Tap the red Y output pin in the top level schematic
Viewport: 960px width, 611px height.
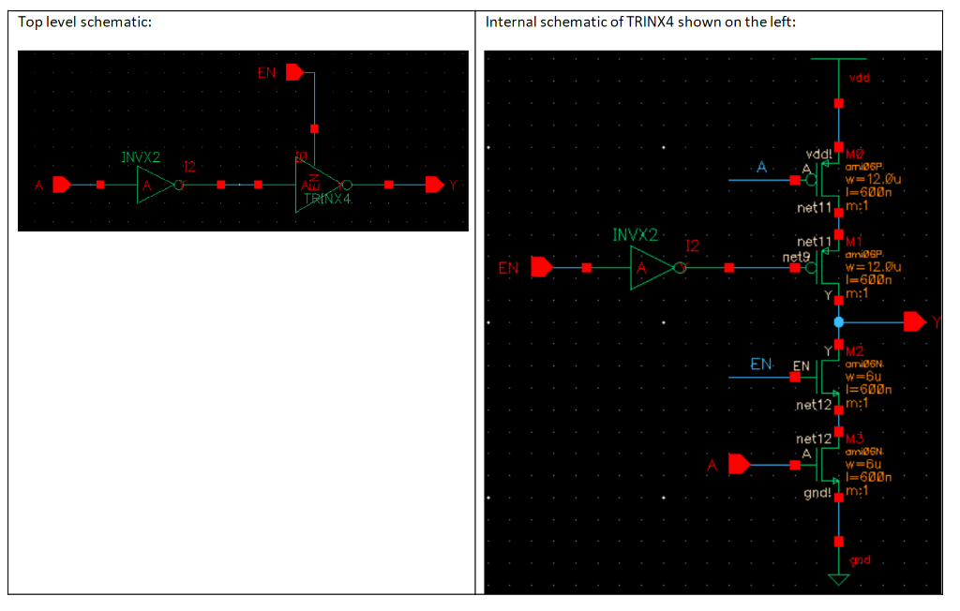[435, 185]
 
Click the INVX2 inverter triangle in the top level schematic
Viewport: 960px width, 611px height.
[151, 185]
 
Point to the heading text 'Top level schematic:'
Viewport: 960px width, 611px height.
[85, 22]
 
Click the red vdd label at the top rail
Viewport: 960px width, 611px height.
[859, 78]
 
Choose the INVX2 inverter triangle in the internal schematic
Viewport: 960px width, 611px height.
[648, 269]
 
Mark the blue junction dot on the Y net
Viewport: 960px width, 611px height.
[839, 322]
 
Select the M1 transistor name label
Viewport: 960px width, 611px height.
[853, 241]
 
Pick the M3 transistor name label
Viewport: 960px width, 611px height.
[855, 438]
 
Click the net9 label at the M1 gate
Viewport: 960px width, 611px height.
[794, 256]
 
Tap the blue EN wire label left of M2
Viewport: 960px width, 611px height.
[761, 364]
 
